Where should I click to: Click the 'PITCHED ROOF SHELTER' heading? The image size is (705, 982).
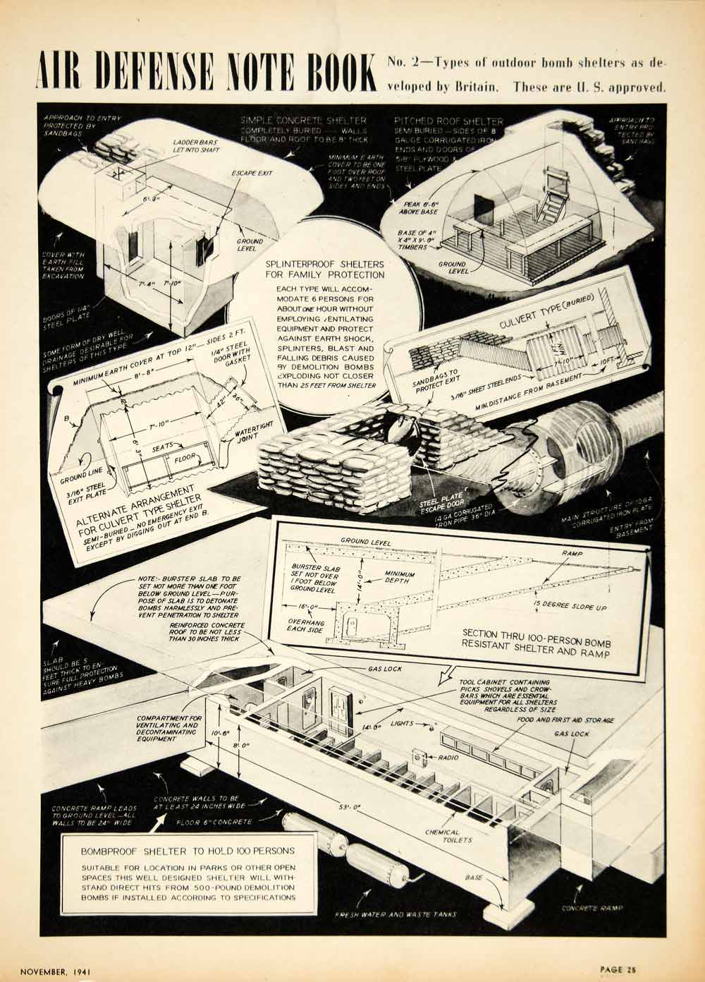coord(449,121)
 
